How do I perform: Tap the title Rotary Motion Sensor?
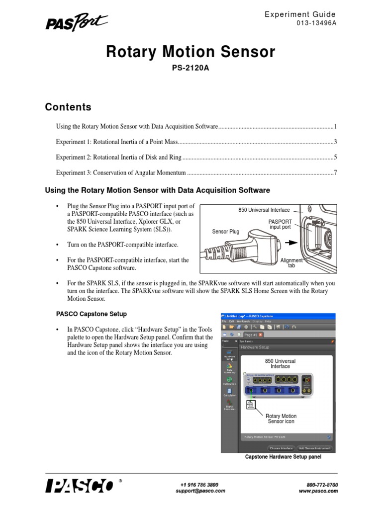191,52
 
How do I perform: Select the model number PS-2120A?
191,68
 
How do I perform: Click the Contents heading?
68,107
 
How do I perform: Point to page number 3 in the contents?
336,142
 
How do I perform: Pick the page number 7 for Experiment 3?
336,173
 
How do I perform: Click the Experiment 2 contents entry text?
119,158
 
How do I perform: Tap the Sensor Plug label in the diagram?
226,232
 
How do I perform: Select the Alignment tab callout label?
291,263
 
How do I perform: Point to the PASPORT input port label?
280,224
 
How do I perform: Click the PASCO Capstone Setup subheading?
91,314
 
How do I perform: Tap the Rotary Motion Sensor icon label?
281,419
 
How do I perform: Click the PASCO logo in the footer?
80,486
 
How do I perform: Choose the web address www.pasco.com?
318,491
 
